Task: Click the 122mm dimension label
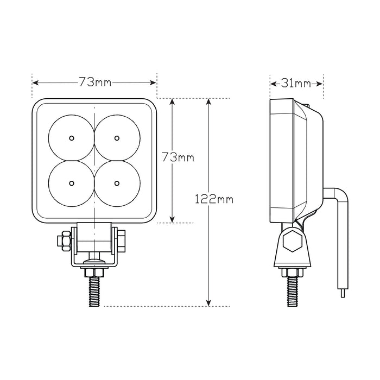[x=214, y=199]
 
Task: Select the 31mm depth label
[x=296, y=83]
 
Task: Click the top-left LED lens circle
[x=72, y=138]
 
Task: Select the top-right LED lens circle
[x=117, y=138]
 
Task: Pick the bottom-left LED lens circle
[x=72, y=183]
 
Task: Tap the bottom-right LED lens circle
[x=117, y=183]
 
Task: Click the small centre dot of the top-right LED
[x=117, y=138]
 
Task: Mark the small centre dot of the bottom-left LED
[x=72, y=183]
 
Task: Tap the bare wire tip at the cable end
[x=343, y=293]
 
